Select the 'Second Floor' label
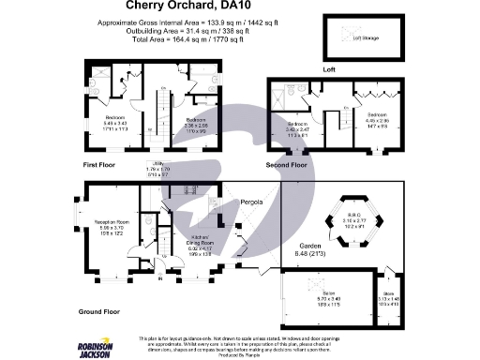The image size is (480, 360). click(286, 165)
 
